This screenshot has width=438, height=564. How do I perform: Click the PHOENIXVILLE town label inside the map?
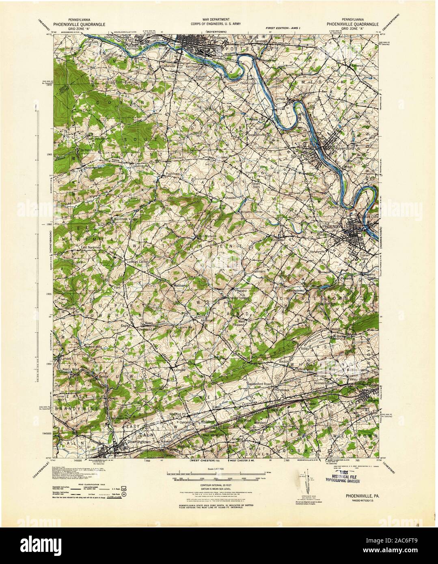332,223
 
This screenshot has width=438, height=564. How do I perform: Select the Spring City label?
299,156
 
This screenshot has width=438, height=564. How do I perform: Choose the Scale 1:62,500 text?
218,469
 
